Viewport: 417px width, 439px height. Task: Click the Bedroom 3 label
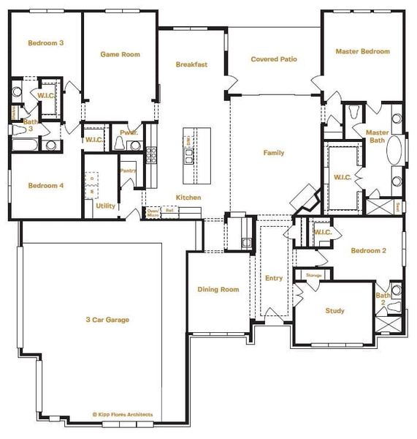coord(45,43)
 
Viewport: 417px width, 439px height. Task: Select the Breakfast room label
coord(191,64)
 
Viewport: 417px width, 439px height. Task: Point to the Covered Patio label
coord(274,59)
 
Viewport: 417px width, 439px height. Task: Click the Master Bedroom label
coord(362,52)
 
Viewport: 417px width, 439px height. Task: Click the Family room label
coord(274,153)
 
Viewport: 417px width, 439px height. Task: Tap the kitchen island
coord(196,156)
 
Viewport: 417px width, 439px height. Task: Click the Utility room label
coord(105,206)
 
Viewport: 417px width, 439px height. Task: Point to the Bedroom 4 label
coord(45,185)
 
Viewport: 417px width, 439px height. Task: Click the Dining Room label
coord(218,290)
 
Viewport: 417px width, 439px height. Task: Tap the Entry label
coord(274,278)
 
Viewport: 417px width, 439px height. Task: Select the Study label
coord(334,311)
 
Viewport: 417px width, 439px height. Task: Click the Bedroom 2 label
coord(368,251)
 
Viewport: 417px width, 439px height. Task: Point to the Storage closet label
coord(314,275)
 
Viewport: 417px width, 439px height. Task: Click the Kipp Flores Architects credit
coord(123,415)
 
